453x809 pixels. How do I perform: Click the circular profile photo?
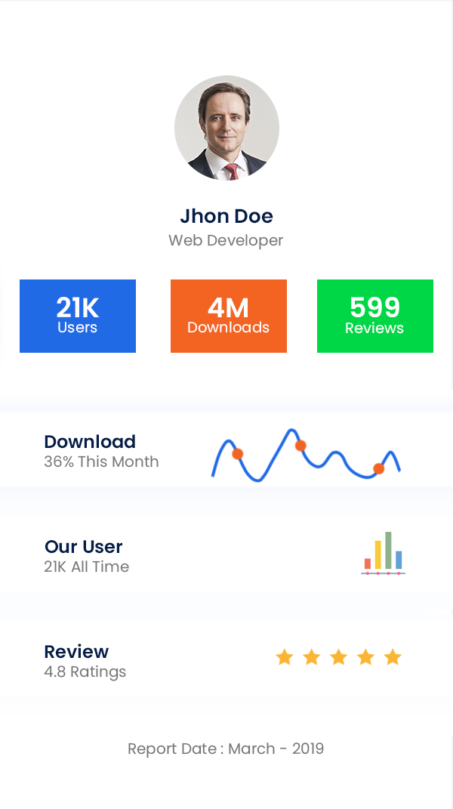[226, 128]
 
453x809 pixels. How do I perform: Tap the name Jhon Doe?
[226, 216]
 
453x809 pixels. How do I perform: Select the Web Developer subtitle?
[226, 241]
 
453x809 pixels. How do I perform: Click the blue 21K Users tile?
[78, 316]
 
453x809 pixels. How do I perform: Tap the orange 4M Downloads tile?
[229, 316]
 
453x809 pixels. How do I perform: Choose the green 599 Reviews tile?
[374, 316]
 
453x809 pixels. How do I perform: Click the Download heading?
[90, 442]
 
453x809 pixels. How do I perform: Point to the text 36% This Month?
[101, 462]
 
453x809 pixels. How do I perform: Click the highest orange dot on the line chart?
[300, 446]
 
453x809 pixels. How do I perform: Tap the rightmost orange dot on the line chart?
[379, 468]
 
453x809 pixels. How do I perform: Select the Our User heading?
[83, 547]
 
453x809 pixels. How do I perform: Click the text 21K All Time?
[86, 567]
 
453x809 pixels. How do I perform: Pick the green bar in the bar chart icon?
[388, 550]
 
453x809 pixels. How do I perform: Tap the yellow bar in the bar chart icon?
[378, 554]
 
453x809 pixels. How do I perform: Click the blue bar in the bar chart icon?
[399, 560]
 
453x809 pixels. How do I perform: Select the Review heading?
[76, 652]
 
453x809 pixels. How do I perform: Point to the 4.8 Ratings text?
[85, 672]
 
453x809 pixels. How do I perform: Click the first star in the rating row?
[284, 657]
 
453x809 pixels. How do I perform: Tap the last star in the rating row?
[393, 657]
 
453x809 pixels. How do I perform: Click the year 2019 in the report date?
[307, 749]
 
